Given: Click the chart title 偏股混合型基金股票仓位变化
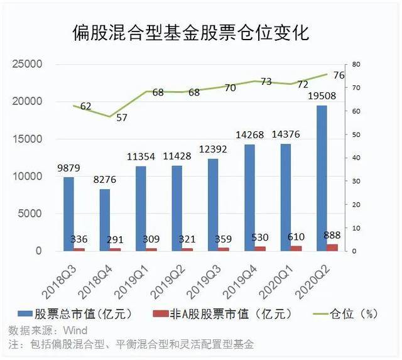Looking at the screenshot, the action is click(x=191, y=33).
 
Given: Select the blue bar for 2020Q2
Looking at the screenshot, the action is click(x=322, y=178).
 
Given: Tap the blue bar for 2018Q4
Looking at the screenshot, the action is click(x=105, y=220).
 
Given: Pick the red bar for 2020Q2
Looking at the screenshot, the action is click(x=332, y=248).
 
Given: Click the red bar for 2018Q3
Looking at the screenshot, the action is click(x=79, y=249).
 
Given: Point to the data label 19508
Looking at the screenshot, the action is click(x=322, y=96).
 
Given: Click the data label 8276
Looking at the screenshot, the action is click(x=105, y=180).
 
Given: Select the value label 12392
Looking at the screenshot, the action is click(x=213, y=150).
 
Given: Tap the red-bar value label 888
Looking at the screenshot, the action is click(x=332, y=235).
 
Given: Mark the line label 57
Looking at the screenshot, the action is click(x=122, y=117).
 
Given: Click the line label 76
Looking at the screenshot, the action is click(x=339, y=75).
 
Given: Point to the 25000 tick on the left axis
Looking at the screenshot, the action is click(x=27, y=64).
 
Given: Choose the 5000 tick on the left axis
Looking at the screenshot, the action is click(x=30, y=214).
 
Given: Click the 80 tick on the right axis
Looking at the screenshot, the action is click(x=356, y=64).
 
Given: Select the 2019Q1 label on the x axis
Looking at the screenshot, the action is click(x=132, y=282).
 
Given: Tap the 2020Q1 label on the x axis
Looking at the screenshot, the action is click(x=276, y=282).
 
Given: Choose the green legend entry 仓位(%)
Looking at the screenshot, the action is click(x=345, y=314).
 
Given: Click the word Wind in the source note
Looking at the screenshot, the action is click(x=75, y=330).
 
